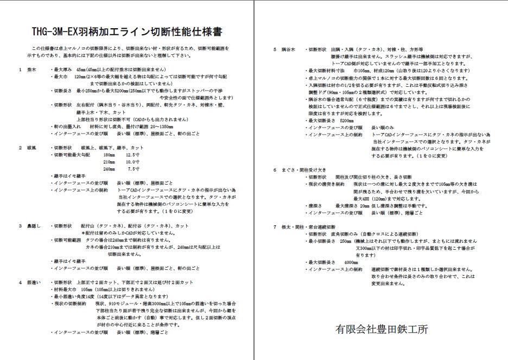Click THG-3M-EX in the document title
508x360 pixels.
click(54, 31)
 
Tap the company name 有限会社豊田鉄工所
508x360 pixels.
click(381, 329)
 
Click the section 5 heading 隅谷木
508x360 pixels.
click(290, 49)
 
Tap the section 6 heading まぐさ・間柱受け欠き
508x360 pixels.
click(306, 169)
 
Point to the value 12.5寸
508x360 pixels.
click(133, 155)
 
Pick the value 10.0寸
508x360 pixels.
click(133, 162)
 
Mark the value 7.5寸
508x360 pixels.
click(134, 169)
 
